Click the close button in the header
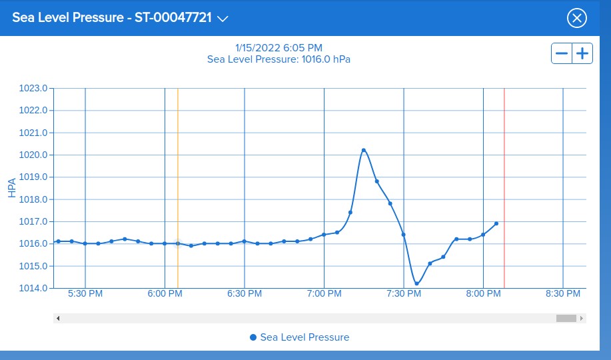(x=576, y=18)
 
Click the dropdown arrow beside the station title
(x=223, y=19)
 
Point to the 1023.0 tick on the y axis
(x=35, y=88)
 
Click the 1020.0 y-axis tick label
(x=35, y=155)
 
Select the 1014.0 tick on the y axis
(x=35, y=288)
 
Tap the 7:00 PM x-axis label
(x=324, y=294)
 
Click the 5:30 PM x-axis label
(x=85, y=294)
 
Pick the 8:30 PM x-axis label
(x=563, y=294)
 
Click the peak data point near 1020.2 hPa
(x=364, y=150)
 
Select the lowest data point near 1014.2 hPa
(x=417, y=283)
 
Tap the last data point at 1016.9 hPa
(x=496, y=223)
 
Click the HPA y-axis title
(x=12, y=187)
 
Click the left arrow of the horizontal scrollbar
(x=58, y=318)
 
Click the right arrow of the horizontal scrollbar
(x=582, y=318)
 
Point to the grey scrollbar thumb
(x=566, y=318)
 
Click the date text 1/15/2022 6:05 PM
(x=279, y=48)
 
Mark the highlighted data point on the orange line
(x=178, y=243)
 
